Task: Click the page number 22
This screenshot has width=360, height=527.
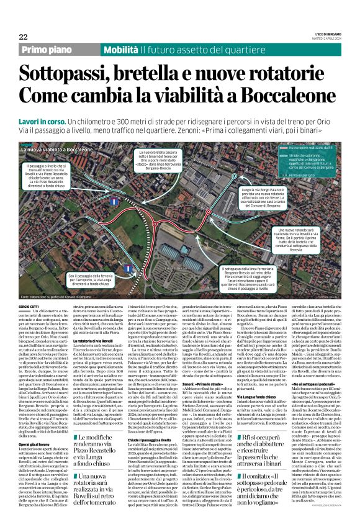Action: (x=23, y=37)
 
